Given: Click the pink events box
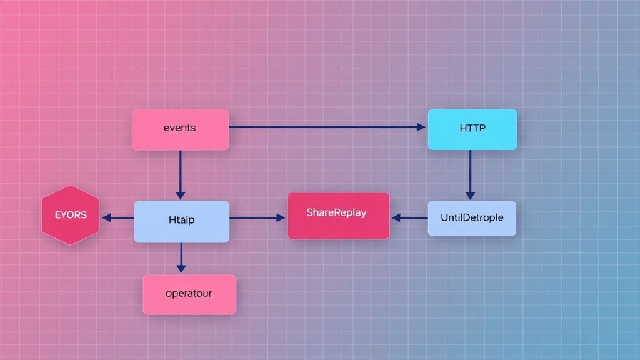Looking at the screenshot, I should click(x=180, y=137).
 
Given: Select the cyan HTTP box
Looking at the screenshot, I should click(x=472, y=137).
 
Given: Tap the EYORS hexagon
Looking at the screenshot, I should click(x=70, y=215).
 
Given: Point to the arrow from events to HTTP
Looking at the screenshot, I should click(x=325, y=127).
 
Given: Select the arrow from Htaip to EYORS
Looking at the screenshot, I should click(x=118, y=218).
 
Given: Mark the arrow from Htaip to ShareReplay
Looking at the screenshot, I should click(x=257, y=218).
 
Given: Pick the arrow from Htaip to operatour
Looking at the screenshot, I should click(x=181, y=257).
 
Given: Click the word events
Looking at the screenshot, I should click(x=179, y=127).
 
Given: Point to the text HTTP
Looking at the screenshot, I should click(x=472, y=128).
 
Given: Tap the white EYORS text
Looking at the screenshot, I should click(x=70, y=215).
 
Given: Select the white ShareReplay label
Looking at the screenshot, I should click(x=336, y=212).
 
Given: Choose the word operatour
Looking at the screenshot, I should click(x=189, y=293).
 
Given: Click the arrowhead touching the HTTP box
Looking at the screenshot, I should click(x=421, y=127).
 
